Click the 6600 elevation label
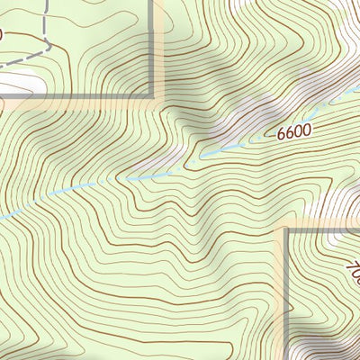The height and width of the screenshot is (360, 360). [293, 131]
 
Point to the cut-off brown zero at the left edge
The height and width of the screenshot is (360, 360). [2, 35]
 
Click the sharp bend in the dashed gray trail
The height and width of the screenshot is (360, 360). [41, 40]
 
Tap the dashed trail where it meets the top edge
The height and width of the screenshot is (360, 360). [41, 2]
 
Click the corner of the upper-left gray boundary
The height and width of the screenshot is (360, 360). [152, 94]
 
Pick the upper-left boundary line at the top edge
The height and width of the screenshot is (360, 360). [152, 2]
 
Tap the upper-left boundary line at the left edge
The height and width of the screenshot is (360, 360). [2, 94]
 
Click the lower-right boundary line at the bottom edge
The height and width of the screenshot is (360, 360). [287, 357]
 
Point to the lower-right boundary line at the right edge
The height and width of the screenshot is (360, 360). [357, 230]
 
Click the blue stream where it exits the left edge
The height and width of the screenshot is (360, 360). [2, 217]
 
